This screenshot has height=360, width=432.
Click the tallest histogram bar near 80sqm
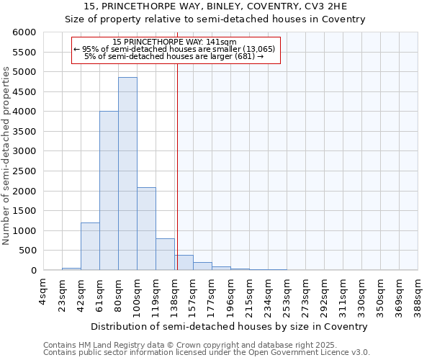click(x=127, y=173)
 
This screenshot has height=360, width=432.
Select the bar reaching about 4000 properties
click(x=109, y=191)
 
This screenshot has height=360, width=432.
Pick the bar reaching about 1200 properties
click(x=90, y=246)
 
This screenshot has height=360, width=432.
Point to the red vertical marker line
click(x=177, y=166)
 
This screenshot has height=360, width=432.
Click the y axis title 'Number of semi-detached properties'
click(x=7, y=156)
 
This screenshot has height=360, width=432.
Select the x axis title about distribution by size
click(x=229, y=326)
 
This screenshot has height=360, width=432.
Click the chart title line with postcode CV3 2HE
click(x=216, y=6)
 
